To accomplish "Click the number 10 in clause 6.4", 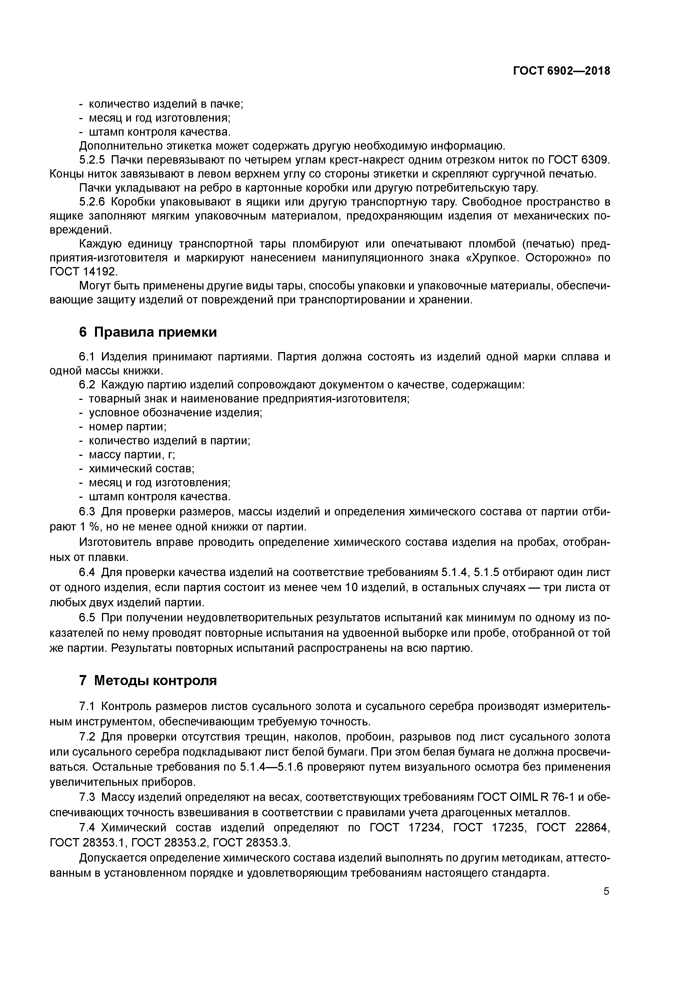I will pyautogui.click(x=351, y=588).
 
